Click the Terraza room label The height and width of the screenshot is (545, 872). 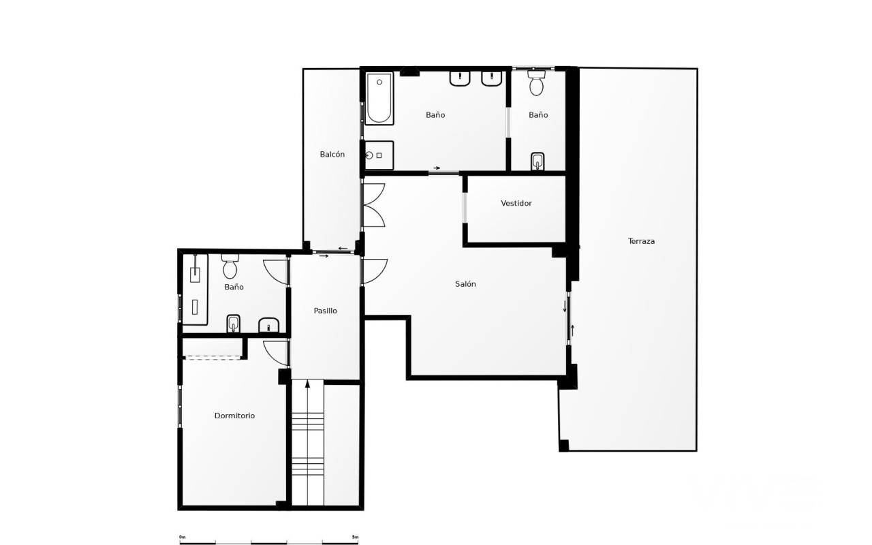[641, 241]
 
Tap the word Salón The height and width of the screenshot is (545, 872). [465, 284]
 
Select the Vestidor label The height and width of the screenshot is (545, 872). [516, 203]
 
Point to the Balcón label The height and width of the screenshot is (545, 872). [332, 155]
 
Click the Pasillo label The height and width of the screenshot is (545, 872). [325, 311]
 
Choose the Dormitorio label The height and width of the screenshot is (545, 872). [234, 416]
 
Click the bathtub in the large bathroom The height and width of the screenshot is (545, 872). [379, 99]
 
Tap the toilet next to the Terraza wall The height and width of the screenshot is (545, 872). [536, 83]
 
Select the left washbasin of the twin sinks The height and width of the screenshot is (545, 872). [460, 78]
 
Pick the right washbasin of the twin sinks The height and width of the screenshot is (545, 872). [491, 78]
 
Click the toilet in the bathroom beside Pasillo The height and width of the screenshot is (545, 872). [230, 266]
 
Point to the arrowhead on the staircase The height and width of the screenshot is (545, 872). [307, 384]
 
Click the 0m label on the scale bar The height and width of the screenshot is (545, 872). [182, 538]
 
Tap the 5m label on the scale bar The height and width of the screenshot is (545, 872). [355, 538]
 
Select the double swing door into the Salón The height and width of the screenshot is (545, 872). [373, 205]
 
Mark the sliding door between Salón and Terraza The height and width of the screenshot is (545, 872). [568, 318]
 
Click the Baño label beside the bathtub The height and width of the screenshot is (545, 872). [435, 115]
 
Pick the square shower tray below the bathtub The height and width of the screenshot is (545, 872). [379, 155]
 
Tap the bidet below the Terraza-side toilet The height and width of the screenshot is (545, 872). [538, 161]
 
